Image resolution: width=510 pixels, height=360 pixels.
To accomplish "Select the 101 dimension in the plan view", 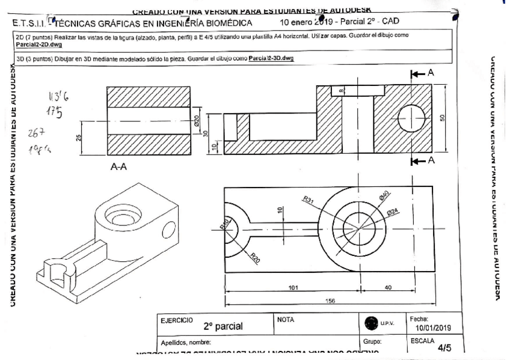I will [x=293, y=288].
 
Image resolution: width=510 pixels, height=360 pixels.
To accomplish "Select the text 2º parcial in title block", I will [x=223, y=327].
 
